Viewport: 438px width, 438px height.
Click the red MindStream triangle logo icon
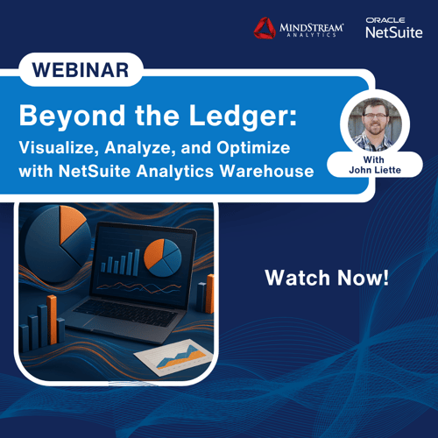265,29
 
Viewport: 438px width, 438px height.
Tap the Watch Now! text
327,279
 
